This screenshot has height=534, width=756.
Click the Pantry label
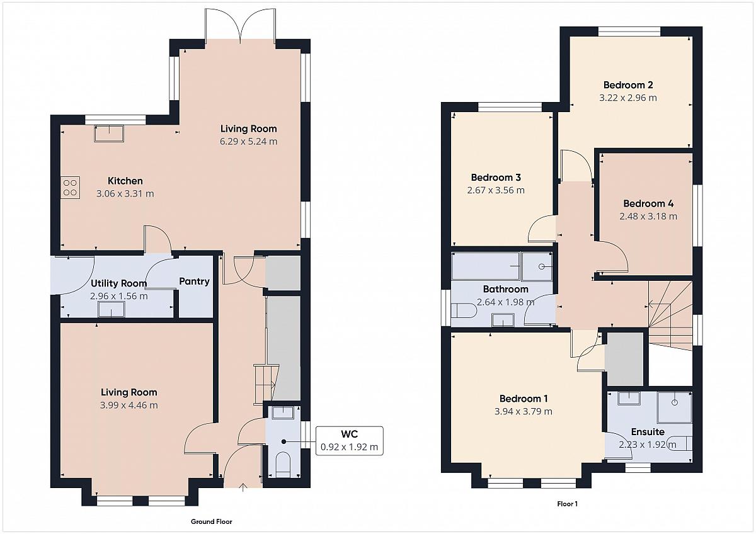(x=194, y=281)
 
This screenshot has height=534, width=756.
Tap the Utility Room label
(x=119, y=283)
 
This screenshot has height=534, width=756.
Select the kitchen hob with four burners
(x=71, y=188)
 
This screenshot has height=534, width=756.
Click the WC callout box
(x=349, y=441)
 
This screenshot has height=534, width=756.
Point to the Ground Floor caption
(x=212, y=521)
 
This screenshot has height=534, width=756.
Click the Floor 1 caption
(x=568, y=504)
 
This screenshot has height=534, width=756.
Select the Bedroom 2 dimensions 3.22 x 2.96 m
(x=628, y=98)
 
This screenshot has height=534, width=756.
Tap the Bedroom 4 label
(x=648, y=203)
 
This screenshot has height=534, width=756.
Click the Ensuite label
(x=648, y=432)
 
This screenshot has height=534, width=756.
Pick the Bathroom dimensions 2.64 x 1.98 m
(x=505, y=302)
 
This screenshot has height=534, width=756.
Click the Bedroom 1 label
(x=524, y=399)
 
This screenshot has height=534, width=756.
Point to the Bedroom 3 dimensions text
(x=496, y=190)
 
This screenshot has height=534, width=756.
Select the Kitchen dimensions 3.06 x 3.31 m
(x=125, y=193)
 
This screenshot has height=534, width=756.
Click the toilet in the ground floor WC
(x=283, y=465)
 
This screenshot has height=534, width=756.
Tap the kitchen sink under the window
(x=109, y=133)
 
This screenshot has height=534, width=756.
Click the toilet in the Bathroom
(x=464, y=310)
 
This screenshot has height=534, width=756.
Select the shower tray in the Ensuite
(x=674, y=407)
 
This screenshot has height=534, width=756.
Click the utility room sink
(x=112, y=309)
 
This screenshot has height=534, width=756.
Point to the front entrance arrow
(x=243, y=488)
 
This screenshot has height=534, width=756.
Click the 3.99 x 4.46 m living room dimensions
(x=129, y=405)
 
